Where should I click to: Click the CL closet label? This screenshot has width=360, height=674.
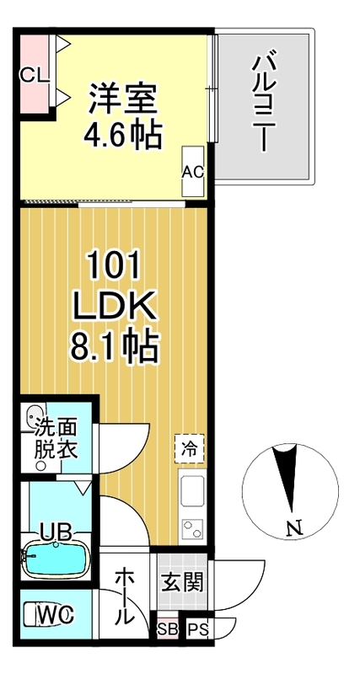click(33, 73)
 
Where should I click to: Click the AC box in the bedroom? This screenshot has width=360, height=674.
click(193, 171)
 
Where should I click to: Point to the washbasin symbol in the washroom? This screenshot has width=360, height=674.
click(35, 416)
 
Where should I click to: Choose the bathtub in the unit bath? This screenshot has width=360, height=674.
click(54, 559)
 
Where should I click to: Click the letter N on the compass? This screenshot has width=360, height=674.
click(293, 528)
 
